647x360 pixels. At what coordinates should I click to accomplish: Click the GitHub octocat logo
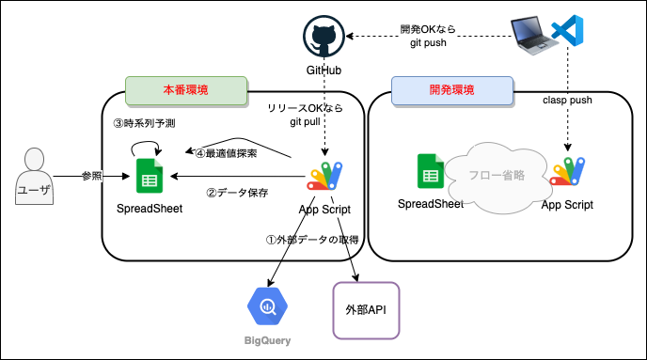[x=323, y=37]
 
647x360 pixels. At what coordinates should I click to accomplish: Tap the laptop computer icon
[x=531, y=36]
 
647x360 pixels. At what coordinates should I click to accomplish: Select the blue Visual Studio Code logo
[x=567, y=30]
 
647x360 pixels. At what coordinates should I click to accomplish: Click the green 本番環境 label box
[x=186, y=90]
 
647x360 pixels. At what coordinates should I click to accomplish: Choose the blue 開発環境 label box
[x=452, y=90]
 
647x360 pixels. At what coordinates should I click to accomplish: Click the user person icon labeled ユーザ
[x=34, y=176]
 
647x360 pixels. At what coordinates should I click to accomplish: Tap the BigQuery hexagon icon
[x=267, y=306]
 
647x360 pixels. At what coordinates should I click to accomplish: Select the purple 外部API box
[x=366, y=310]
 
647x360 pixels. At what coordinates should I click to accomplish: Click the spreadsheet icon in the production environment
[x=150, y=176]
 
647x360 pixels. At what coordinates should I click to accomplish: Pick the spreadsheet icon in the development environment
[x=431, y=171]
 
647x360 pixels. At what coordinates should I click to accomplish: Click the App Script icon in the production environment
[x=324, y=176]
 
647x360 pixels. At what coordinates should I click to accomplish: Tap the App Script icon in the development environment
[x=567, y=171]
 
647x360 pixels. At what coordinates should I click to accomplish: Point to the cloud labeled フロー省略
[x=497, y=178]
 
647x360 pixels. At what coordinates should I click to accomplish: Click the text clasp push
[x=567, y=101]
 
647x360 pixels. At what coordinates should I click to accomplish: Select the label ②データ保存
[x=237, y=193]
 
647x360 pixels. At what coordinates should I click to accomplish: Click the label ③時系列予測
[x=145, y=123]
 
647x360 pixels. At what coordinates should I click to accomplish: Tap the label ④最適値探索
[x=226, y=153]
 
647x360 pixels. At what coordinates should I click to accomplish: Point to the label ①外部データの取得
[x=312, y=240]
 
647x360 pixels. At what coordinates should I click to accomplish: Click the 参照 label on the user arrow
[x=91, y=176]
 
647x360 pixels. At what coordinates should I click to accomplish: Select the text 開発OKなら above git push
[x=428, y=29]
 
